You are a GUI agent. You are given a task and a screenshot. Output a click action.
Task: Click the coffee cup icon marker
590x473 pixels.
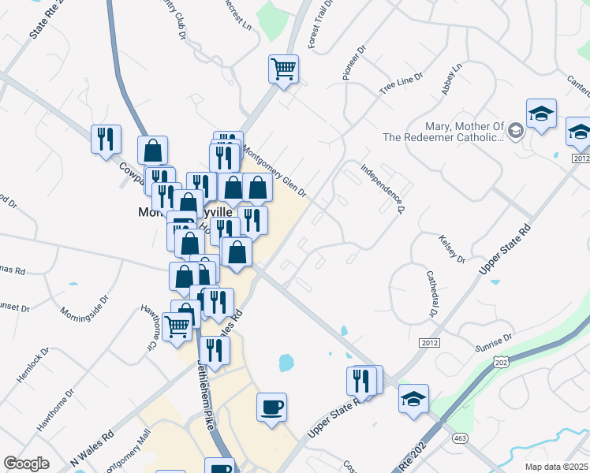271,408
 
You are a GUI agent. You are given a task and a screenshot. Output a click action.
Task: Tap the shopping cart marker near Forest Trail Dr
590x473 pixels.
283,68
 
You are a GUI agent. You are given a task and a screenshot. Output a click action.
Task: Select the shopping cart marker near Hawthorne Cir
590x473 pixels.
178,324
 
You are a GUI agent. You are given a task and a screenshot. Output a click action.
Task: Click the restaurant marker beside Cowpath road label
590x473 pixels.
105,140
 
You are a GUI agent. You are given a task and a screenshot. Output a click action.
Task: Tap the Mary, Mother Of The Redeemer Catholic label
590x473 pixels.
442,131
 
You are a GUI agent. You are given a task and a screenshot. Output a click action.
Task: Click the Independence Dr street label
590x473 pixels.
382,188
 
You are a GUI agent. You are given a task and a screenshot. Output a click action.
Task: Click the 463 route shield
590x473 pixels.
459,438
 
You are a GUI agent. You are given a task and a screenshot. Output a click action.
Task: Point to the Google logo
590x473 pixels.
26,464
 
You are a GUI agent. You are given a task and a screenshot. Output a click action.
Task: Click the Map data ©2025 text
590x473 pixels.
555,467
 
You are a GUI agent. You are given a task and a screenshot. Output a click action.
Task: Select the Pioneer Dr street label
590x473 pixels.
355,62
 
